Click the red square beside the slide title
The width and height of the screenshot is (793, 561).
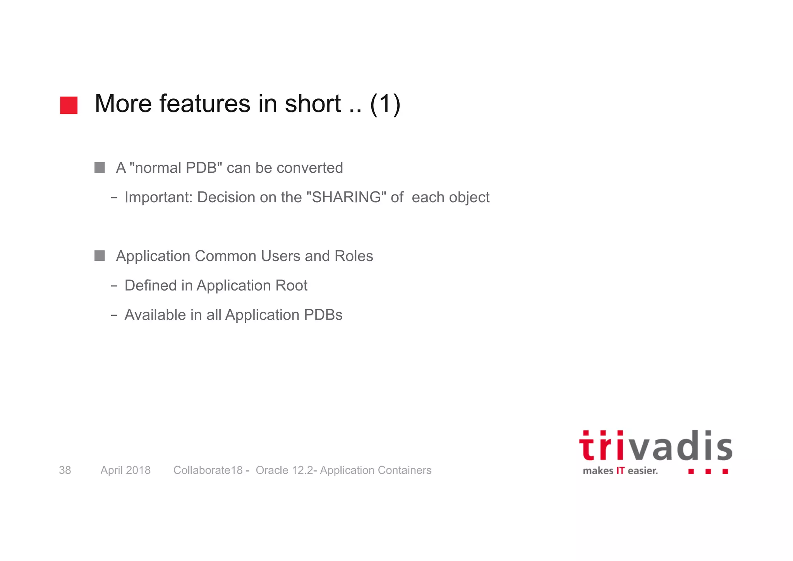69,105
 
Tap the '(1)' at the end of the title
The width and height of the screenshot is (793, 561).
385,104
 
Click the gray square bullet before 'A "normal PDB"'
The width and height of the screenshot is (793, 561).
100,168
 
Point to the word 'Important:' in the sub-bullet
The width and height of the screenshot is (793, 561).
158,198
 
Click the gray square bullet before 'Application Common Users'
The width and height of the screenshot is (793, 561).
100,256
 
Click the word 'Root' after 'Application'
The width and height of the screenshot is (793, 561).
291,286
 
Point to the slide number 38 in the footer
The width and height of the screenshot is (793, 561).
65,470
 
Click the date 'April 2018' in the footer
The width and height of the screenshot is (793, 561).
125,470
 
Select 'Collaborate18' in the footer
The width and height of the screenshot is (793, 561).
208,470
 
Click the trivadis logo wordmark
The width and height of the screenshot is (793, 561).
656,446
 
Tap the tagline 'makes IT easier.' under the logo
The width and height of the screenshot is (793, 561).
620,471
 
